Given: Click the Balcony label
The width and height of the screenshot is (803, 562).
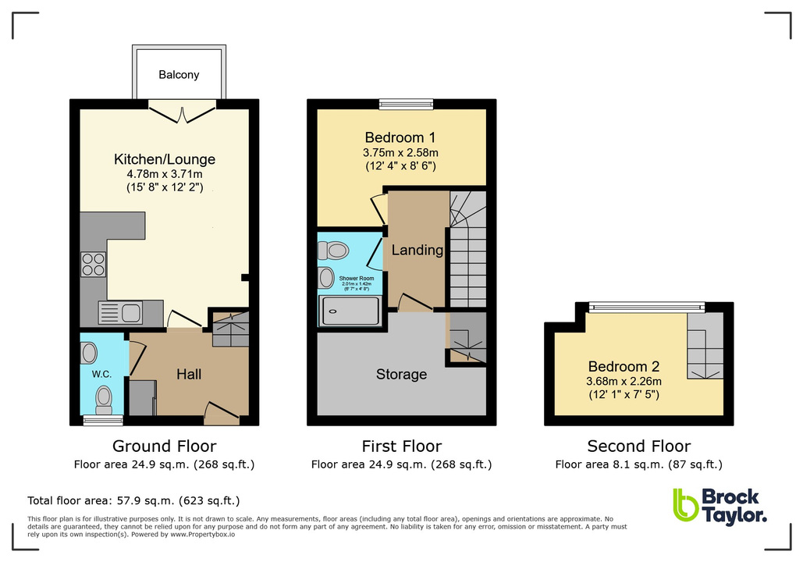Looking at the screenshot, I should [x=179, y=75].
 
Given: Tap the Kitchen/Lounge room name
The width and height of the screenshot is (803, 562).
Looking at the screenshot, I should [x=164, y=159].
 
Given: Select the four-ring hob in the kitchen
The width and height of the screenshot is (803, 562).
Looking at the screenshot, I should [x=94, y=265].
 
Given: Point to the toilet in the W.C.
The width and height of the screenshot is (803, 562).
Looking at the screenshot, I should [x=104, y=400].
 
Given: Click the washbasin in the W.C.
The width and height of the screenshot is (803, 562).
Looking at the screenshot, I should [x=89, y=354].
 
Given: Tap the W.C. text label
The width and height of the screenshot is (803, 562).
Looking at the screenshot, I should [x=101, y=375].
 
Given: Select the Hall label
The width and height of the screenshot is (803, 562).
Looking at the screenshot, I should [x=189, y=375].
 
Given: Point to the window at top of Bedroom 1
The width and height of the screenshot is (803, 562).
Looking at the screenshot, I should [x=406, y=103].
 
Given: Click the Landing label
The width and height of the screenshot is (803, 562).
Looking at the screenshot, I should [x=417, y=251].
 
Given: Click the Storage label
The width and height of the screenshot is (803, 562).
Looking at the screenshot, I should [x=401, y=374].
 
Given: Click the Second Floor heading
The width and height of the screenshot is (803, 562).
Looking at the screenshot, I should [x=638, y=446].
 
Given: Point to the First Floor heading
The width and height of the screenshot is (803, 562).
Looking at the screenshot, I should [x=401, y=446].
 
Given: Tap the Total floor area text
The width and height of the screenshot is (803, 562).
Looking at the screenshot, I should [x=133, y=500].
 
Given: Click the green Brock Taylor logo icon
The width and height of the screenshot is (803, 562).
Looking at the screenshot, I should [x=686, y=505].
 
